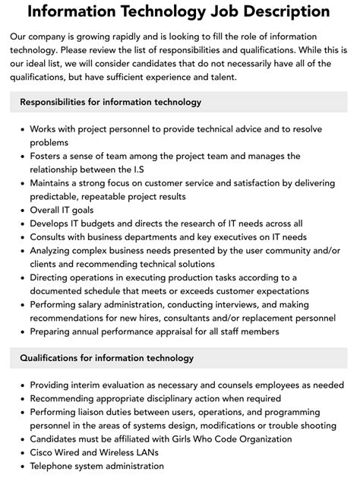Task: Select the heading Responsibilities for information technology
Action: tap(110, 102)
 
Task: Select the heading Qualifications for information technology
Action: tap(107, 357)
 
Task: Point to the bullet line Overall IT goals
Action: tap(64, 210)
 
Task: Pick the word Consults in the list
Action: tap(51, 237)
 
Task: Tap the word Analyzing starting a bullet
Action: tap(54, 251)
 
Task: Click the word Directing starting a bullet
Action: tap(52, 277)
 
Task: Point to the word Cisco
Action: tap(44, 453)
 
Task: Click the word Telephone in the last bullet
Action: tap(54, 467)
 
